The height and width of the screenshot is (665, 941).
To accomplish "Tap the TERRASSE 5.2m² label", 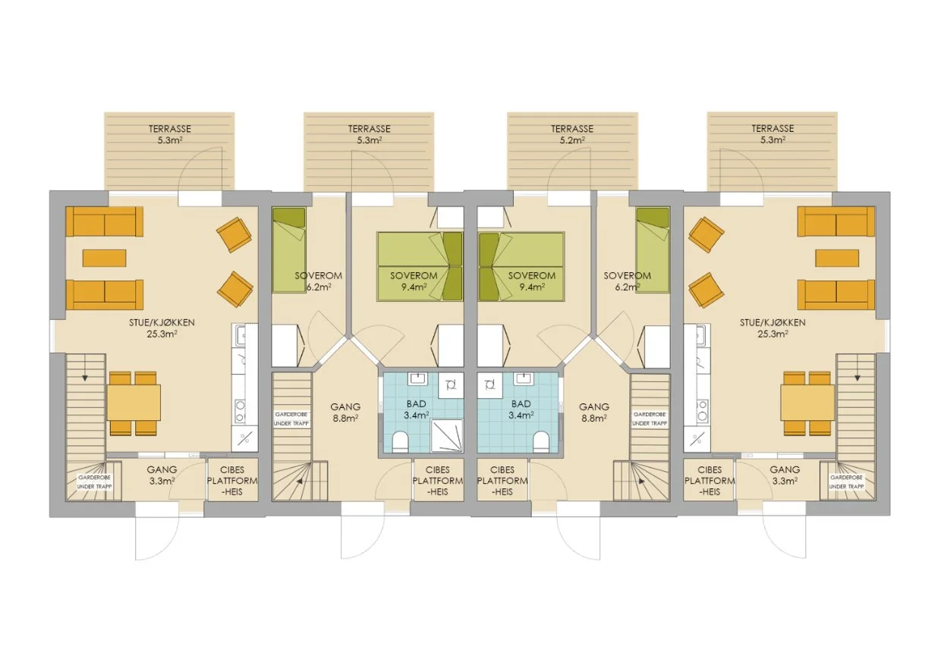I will (x=571, y=134).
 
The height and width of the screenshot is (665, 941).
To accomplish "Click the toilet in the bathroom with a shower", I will (x=398, y=441).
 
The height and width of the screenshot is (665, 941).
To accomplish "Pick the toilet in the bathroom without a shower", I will (x=541, y=441).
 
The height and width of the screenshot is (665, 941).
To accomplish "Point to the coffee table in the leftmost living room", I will (x=105, y=258).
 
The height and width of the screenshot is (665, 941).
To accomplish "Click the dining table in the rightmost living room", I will (x=807, y=403).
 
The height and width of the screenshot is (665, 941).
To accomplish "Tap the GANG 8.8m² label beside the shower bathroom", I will (x=345, y=412).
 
